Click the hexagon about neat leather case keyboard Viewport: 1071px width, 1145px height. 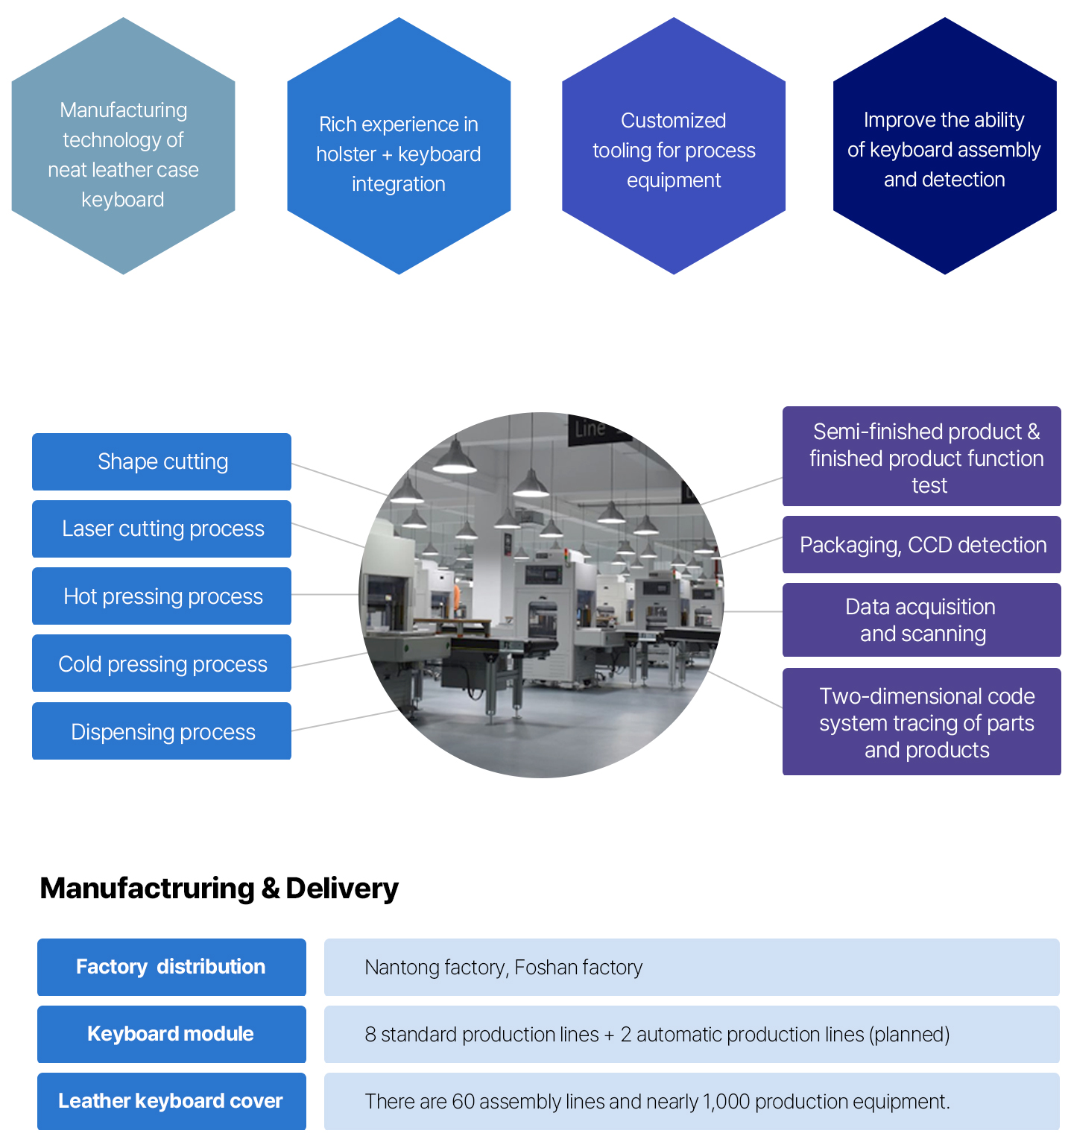point(124,146)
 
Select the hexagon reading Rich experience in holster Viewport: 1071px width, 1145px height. point(399,146)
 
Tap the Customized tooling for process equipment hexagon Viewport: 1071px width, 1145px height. point(674,146)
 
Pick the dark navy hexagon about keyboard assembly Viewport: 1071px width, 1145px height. point(945,146)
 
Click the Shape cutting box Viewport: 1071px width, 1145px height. point(162,461)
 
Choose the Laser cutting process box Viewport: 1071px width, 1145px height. point(162,529)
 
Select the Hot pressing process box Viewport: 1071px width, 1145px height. point(162,596)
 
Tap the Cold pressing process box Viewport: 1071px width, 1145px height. point(162,663)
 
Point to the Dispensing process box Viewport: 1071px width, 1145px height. point(162,731)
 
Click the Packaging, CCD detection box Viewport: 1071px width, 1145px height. point(922,544)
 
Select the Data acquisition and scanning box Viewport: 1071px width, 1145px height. point(922,619)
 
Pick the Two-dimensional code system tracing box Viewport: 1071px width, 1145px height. point(922,722)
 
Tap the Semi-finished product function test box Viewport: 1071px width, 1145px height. point(922,456)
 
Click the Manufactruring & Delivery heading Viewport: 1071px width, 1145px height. point(219,889)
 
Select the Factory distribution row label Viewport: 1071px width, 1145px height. point(171,967)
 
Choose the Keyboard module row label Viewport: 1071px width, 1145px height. point(171,1034)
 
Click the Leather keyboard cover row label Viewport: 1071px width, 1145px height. point(171,1101)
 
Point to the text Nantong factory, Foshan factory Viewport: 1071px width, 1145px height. point(504,968)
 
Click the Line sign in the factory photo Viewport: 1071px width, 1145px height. point(590,429)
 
